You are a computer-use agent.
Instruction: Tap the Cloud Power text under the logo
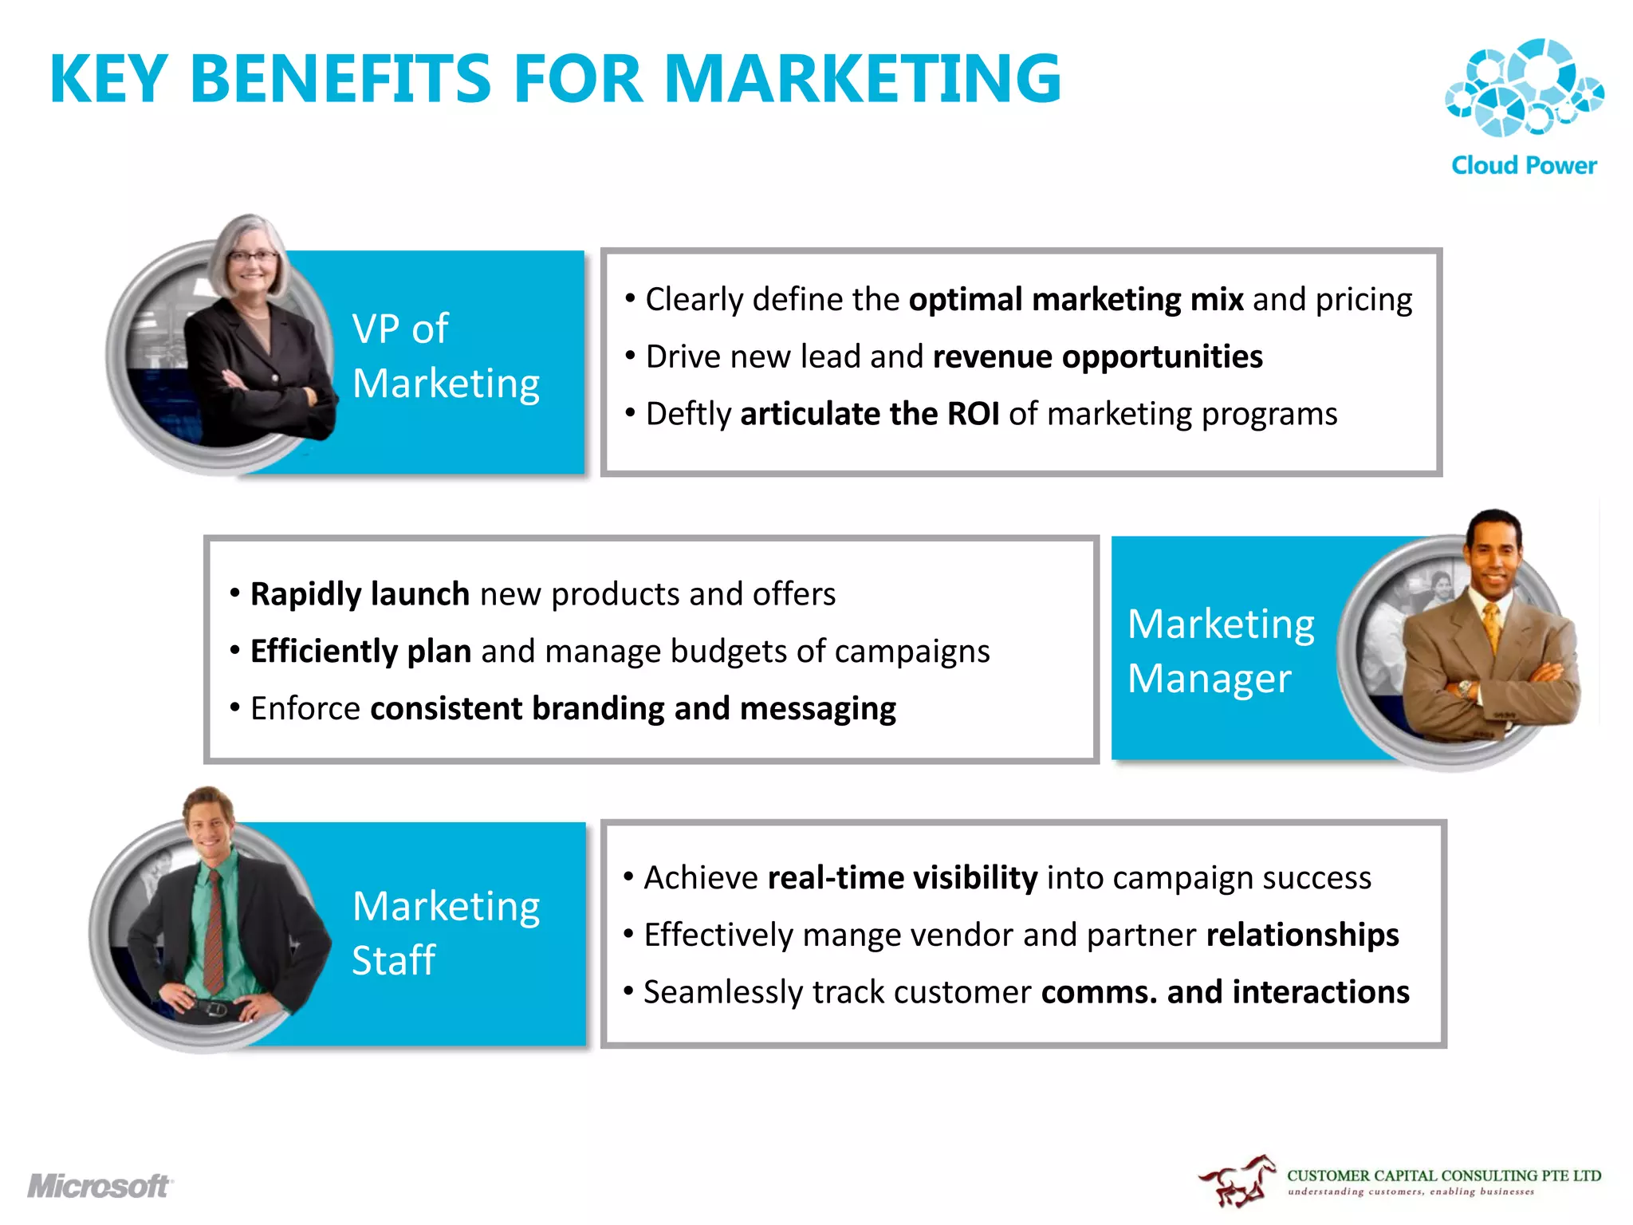coord(1524,166)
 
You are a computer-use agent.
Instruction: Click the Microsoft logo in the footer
coord(100,1186)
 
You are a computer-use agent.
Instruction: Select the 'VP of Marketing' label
coord(445,356)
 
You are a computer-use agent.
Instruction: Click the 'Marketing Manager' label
coord(1220,651)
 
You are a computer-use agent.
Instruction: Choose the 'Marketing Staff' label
coord(445,932)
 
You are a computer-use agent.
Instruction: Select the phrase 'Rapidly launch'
coord(360,594)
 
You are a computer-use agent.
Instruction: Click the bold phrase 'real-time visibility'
coord(902,877)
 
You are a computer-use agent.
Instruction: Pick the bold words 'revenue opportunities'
coord(1097,356)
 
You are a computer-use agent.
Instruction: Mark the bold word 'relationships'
coord(1302,935)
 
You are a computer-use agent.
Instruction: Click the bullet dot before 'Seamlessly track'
coord(628,991)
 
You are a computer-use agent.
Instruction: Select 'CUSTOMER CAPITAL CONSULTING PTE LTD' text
coord(1443,1176)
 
